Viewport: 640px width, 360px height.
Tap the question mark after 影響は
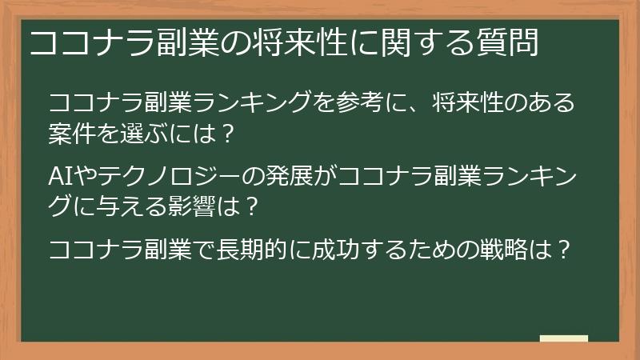[x=250, y=206]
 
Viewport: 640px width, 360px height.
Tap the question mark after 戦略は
[x=565, y=249]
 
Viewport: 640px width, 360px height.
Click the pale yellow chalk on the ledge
[x=563, y=338]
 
